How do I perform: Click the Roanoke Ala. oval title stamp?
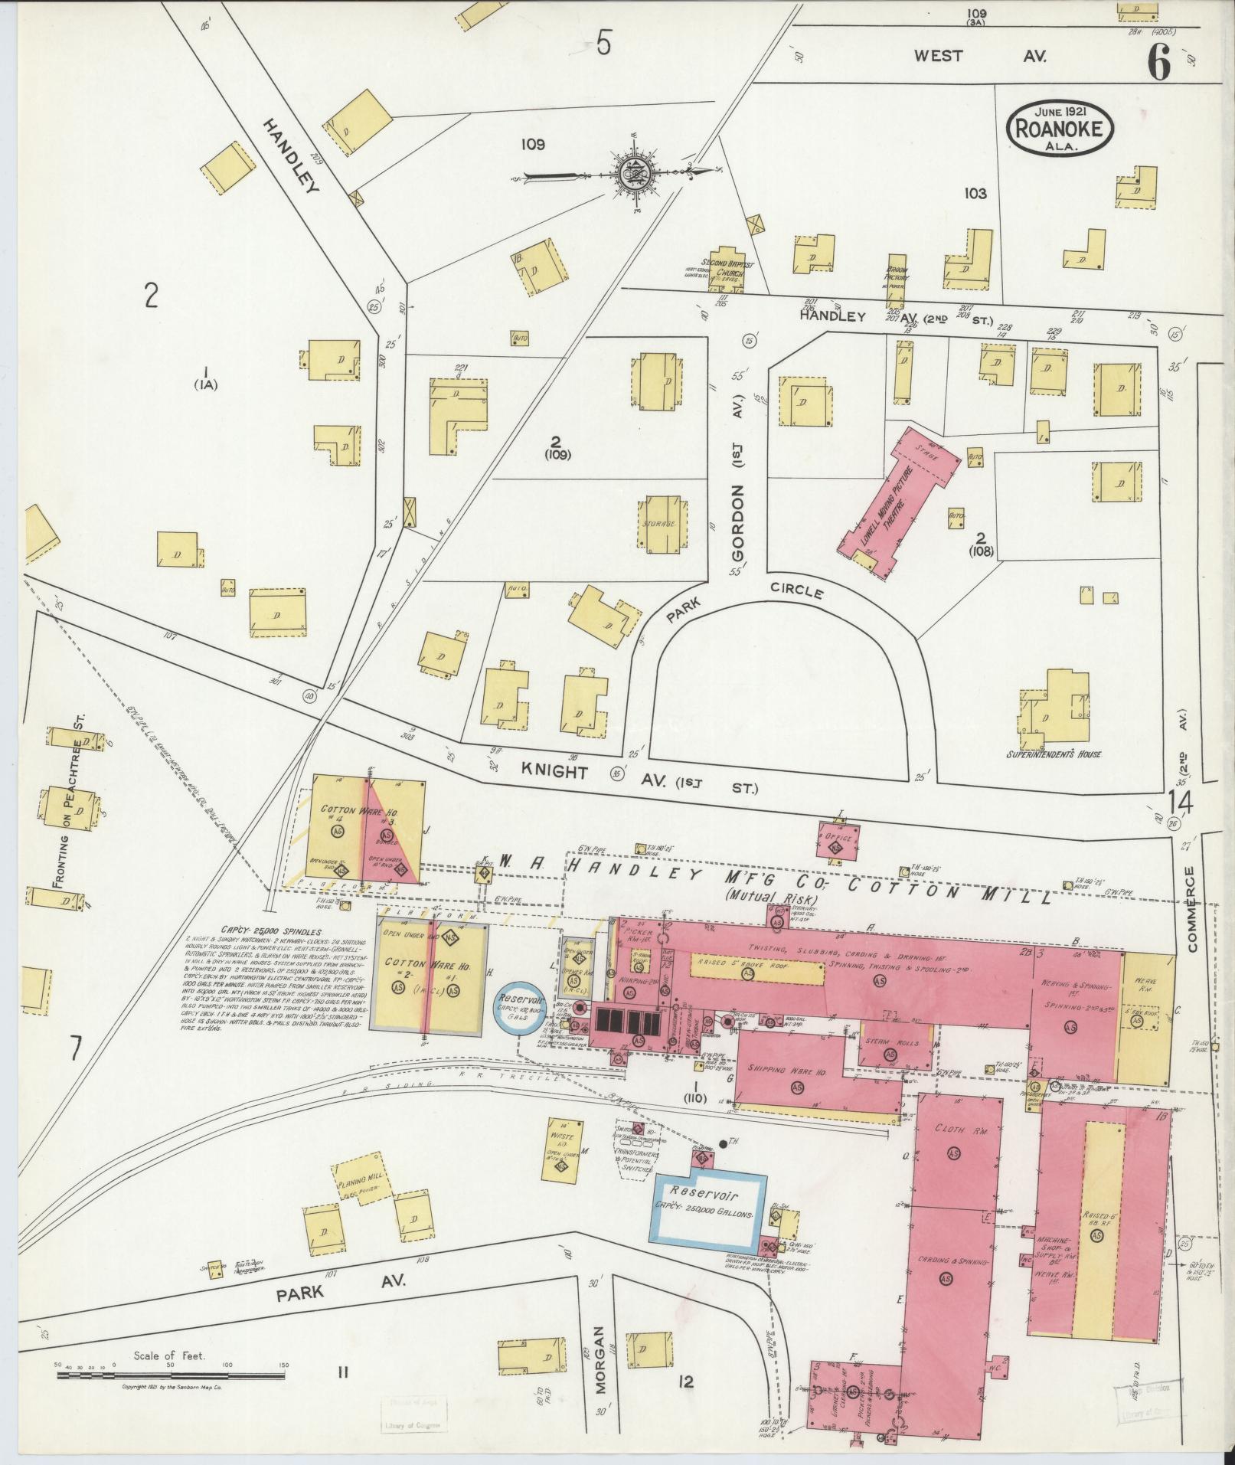tap(1059, 128)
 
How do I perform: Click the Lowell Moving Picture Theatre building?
tap(900, 505)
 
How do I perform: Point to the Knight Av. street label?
tap(556, 771)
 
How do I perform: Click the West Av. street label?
tap(980, 56)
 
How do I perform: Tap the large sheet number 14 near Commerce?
tap(1181, 803)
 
